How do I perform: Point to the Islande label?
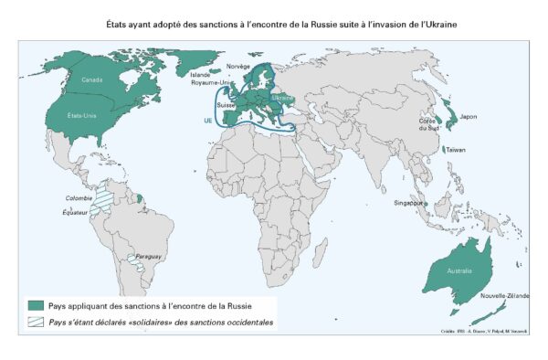point(200,74)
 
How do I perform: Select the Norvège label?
point(237,66)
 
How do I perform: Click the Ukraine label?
point(283,98)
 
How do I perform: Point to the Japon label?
point(468,116)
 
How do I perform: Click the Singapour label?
point(406,202)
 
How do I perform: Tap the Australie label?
point(459,270)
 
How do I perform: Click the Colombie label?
point(79,198)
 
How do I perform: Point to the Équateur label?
point(77,217)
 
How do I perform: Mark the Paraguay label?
point(148,258)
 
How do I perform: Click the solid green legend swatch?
point(37,304)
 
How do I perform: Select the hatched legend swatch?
point(37,323)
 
